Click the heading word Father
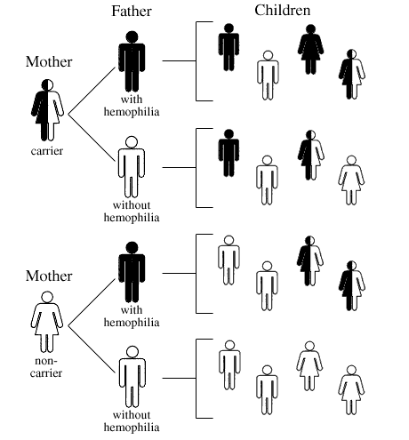tap(132, 12)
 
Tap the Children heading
tap(283, 11)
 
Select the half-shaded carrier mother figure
tap(47, 110)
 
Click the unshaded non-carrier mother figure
tap(47, 322)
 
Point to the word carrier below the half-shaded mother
tap(47, 151)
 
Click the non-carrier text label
tap(46, 367)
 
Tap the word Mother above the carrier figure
tap(49, 61)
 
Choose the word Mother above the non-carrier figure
tap(49, 276)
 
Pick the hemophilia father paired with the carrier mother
tap(132, 61)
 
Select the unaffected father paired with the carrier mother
tap(132, 167)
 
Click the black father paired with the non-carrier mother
tap(132, 272)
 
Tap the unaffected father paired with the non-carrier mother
tap(132, 377)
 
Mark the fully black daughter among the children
tap(310, 49)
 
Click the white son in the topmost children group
tap(268, 75)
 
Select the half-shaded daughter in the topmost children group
tap(352, 74)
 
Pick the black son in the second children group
tap(229, 153)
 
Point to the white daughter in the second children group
tap(351, 180)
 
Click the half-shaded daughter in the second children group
tap(310, 155)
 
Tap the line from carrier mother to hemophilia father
tap(92, 91)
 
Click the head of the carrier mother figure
tap(47, 85)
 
